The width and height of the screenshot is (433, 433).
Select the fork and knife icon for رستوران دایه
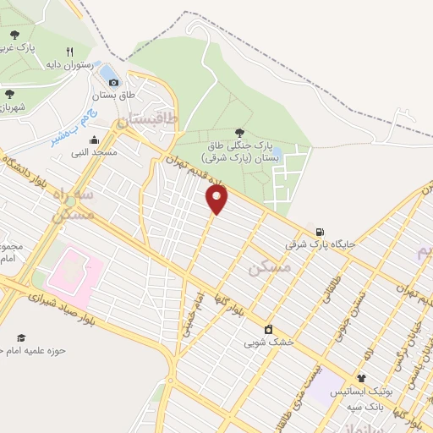(81, 51)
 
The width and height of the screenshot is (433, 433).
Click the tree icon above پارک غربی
(14, 34)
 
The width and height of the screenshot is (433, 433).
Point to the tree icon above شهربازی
(9, 94)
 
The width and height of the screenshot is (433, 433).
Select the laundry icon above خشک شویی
(269, 329)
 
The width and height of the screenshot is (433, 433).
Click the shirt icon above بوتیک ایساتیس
(362, 378)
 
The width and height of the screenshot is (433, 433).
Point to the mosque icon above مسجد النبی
(94, 140)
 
